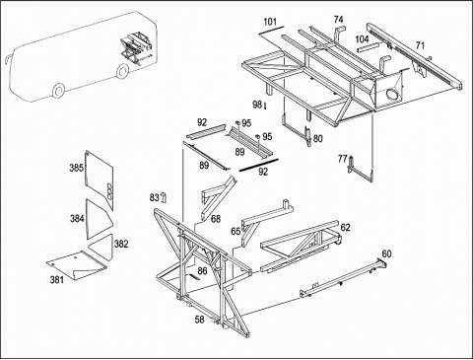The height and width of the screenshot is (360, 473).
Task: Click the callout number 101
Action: pyautogui.click(x=270, y=22)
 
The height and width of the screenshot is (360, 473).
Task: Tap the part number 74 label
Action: pyautogui.click(x=338, y=20)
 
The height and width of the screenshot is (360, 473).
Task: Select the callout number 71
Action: pyautogui.click(x=420, y=45)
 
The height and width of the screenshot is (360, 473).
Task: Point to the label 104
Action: pyautogui.click(x=362, y=39)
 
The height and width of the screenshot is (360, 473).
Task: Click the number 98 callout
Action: pyautogui.click(x=257, y=105)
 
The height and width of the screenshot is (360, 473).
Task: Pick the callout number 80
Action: pyautogui.click(x=318, y=139)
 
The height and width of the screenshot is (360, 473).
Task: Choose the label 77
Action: pyautogui.click(x=342, y=159)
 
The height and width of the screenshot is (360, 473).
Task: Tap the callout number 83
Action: pyautogui.click(x=154, y=197)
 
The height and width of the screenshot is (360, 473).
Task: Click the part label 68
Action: pyautogui.click(x=216, y=219)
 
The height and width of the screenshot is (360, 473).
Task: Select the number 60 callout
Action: pyautogui.click(x=386, y=253)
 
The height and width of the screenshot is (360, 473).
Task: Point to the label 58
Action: pyautogui.click(x=199, y=320)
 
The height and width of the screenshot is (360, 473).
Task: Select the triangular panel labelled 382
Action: pyautogui.click(x=102, y=248)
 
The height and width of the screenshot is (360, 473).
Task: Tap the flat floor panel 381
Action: pyautogui.click(x=76, y=265)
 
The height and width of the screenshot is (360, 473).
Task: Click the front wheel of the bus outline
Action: pyautogui.click(x=58, y=91)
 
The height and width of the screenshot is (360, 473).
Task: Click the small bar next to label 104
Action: pyautogui.click(x=369, y=46)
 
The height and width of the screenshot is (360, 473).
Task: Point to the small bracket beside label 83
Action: pyautogui.click(x=165, y=197)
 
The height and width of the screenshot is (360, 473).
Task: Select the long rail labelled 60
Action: pyautogui.click(x=343, y=277)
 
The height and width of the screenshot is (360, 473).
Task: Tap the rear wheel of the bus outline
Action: pyautogui.click(x=122, y=71)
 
